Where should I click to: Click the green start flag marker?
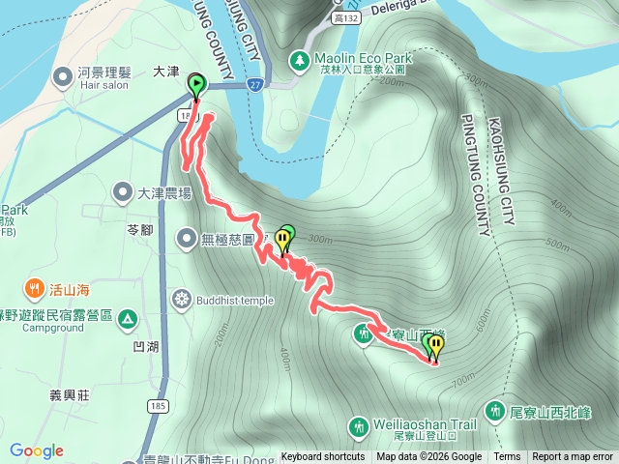197,85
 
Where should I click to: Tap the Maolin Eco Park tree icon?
300,62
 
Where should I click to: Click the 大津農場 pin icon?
123,192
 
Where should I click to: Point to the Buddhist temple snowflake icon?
181,300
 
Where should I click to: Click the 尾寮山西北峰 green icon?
494,411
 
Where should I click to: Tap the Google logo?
37,450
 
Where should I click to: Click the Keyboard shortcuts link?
323,457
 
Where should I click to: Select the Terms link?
507,457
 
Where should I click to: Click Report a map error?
574,457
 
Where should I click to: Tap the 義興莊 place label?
70,395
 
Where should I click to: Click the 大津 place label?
167,72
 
